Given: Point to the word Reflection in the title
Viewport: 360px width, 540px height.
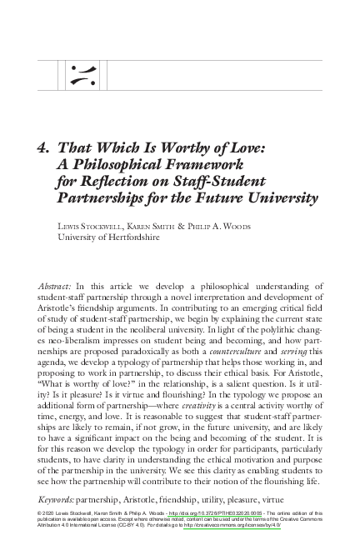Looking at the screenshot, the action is pyautogui.click(x=117, y=182).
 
